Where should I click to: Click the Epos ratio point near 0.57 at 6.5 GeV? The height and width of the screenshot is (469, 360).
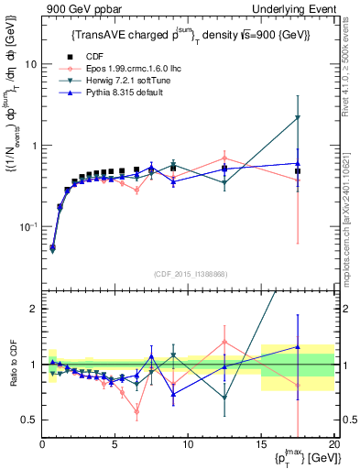point(136,411)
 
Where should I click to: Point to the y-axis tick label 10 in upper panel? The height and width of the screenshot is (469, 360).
point(30,65)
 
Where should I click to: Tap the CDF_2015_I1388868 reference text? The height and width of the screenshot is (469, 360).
point(187,274)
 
